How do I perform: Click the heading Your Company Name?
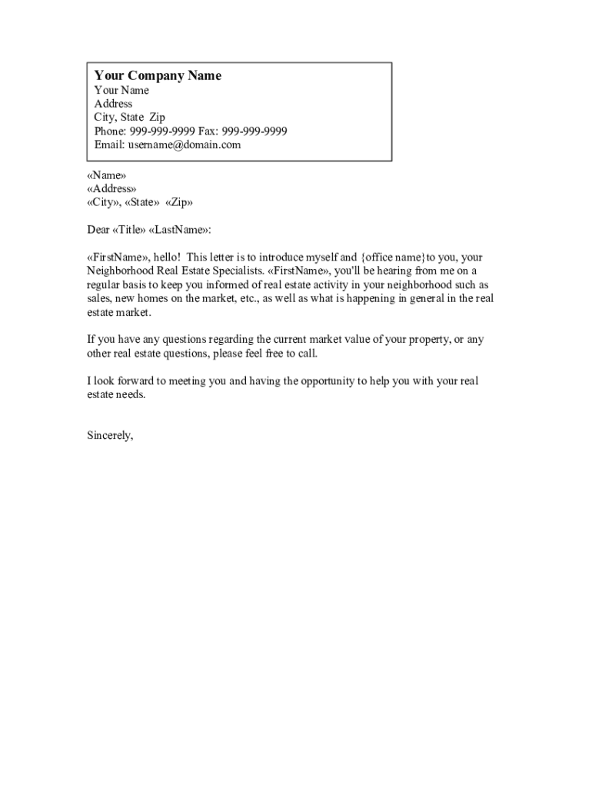click(158, 75)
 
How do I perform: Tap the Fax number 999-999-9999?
click(254, 131)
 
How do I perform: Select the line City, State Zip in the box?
click(129, 118)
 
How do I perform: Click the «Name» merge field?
click(107, 175)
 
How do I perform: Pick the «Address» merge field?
click(111, 189)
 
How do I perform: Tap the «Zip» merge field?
click(179, 203)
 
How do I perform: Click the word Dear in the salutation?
click(98, 230)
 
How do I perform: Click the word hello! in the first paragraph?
click(165, 257)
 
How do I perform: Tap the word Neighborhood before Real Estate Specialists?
click(121, 271)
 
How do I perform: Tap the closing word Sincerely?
click(110, 436)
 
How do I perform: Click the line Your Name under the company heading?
click(121, 90)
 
